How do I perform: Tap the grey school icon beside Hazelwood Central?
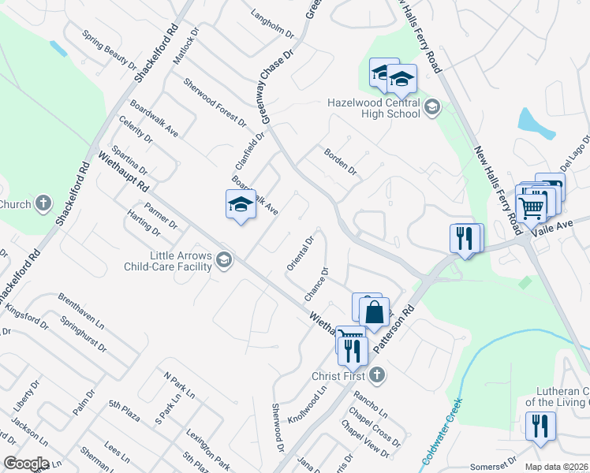pyautogui.click(x=431, y=108)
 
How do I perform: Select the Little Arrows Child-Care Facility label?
pyautogui.click(x=169, y=261)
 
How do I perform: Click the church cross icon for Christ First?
pyautogui.click(x=377, y=374)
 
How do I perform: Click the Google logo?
pyautogui.click(x=26, y=464)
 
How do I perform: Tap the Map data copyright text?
pyautogui.click(x=558, y=467)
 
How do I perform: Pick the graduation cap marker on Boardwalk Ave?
pyautogui.click(x=241, y=205)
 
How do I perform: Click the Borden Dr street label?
pyautogui.click(x=339, y=162)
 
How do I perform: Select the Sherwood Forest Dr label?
pyautogui.click(x=215, y=102)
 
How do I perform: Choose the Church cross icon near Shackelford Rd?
pyautogui.click(x=43, y=203)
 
